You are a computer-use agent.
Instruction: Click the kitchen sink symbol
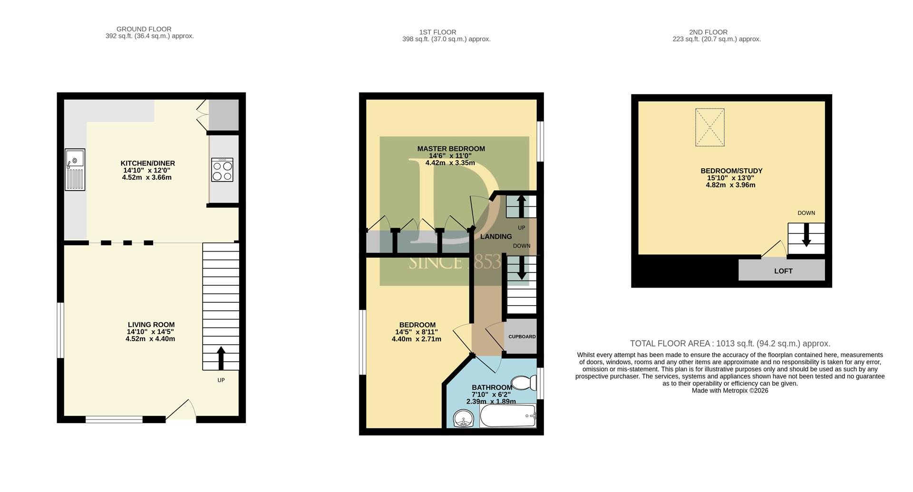coord(75,170)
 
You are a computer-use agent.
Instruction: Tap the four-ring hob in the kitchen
coord(223,170)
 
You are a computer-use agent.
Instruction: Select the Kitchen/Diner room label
coord(148,164)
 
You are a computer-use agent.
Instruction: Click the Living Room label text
coord(151,325)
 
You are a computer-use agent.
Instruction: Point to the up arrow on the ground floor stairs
coord(221,358)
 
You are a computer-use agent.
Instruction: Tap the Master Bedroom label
coord(451,149)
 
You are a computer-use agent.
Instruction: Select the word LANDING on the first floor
coord(496,237)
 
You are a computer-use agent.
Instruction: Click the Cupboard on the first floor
coord(522,337)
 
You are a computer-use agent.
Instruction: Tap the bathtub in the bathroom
coord(508,416)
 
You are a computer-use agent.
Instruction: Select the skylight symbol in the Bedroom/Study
coord(710,127)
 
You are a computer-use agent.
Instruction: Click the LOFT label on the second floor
coord(783,271)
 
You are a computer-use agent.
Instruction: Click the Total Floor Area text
coord(730,344)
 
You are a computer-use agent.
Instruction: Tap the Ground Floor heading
coord(144,29)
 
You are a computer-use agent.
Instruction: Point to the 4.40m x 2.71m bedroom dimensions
coord(417,339)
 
